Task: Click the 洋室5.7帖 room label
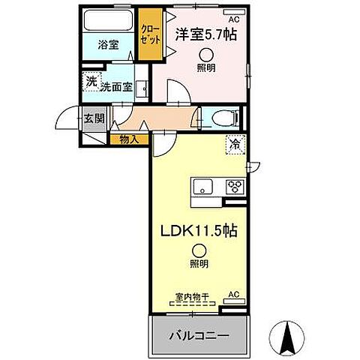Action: (x=207, y=34)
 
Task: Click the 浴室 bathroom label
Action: (x=107, y=45)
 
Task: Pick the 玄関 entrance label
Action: (x=93, y=118)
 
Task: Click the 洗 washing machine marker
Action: (x=91, y=81)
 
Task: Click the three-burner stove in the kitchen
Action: (x=235, y=187)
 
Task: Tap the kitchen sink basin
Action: (x=204, y=187)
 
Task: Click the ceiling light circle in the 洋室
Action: (x=205, y=54)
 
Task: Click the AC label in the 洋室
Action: (x=233, y=18)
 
